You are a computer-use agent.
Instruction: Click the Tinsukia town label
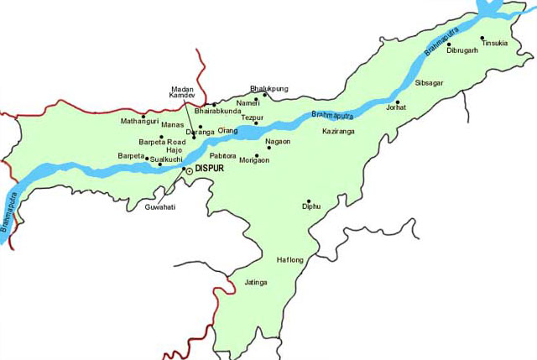[x=494, y=44]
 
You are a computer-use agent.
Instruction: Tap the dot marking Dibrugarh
[x=449, y=44]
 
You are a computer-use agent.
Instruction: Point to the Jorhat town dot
[x=399, y=104]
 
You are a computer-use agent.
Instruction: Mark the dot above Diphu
[x=309, y=201]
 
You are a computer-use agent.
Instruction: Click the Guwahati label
[x=160, y=206]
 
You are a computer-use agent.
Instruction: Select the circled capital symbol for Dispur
[x=189, y=170]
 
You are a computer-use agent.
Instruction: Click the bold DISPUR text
[x=211, y=170]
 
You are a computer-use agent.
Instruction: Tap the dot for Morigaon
[x=257, y=155]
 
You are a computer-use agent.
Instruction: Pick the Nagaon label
[x=278, y=142]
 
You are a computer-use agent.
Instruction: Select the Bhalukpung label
[x=269, y=87]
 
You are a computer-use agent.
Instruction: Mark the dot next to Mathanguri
[x=143, y=116]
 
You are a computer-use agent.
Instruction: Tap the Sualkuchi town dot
[x=160, y=164]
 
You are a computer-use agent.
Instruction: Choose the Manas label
[x=172, y=125]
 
